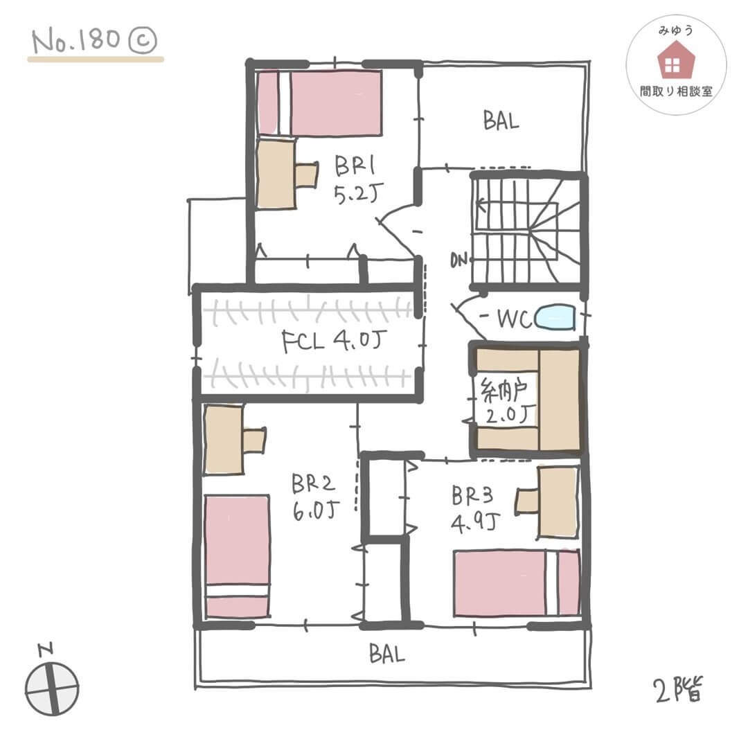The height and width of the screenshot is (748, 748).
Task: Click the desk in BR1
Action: click(277, 174)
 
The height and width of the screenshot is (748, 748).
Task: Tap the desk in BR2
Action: click(224, 440)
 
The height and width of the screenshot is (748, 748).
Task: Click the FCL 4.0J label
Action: click(333, 343)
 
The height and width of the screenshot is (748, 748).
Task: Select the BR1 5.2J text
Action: click(355, 178)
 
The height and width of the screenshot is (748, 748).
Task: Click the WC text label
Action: click(515, 319)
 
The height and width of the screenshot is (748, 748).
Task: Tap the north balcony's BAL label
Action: click(501, 122)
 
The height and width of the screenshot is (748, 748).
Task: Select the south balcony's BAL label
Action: click(386, 654)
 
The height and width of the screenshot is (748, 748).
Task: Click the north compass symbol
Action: click(51, 688)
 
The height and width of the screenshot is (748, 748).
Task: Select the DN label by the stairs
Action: click(458, 260)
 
